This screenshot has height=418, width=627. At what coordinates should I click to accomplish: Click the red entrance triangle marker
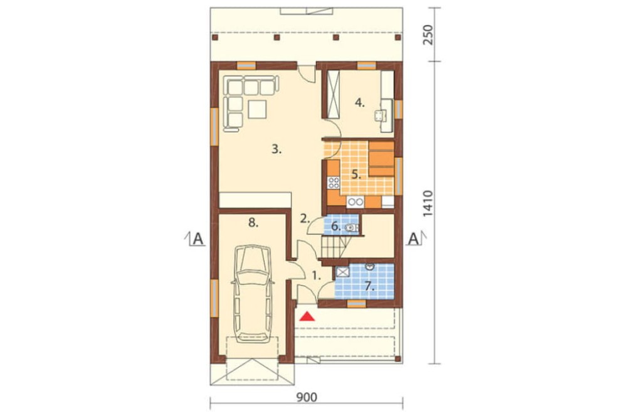[307, 316]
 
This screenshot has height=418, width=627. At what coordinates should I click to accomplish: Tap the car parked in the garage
[253, 294]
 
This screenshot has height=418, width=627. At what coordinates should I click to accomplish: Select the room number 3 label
[277, 150]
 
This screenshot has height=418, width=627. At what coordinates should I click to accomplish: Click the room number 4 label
[360, 103]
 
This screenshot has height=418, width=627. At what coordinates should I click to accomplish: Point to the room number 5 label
[356, 174]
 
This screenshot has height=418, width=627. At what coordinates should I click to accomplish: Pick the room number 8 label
[253, 223]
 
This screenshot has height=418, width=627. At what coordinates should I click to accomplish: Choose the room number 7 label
[369, 286]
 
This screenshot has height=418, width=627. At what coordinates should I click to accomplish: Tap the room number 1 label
[316, 276]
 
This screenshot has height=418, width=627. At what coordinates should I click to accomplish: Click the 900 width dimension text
[307, 397]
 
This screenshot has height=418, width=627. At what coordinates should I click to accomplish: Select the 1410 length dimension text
[428, 204]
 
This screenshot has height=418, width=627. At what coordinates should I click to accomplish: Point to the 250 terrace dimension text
[428, 35]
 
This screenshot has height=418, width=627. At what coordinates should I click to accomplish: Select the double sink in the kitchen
[355, 202]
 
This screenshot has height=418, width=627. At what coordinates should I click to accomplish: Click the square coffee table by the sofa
[257, 109]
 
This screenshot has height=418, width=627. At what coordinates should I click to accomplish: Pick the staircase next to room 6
[335, 246]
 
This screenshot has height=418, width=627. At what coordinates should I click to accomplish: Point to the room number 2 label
[305, 218]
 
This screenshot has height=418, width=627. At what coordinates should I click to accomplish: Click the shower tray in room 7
[343, 272]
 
